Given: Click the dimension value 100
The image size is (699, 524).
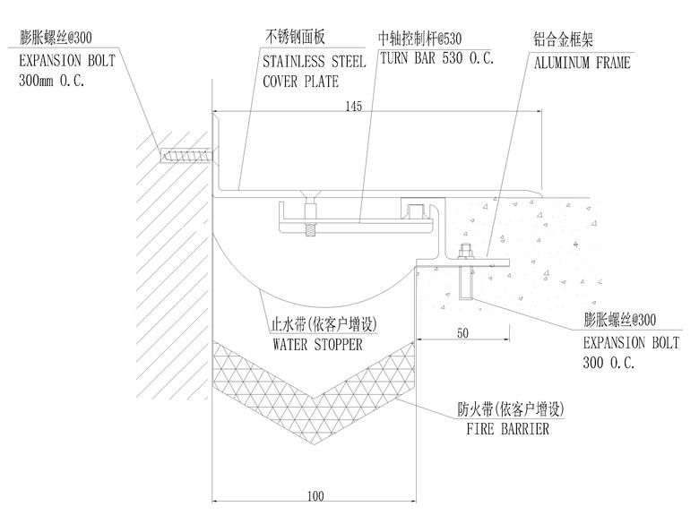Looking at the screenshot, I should (x=314, y=494).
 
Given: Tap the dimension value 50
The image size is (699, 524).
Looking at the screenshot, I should (x=462, y=333).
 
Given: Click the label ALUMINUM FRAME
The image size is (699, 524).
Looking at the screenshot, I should (x=582, y=64).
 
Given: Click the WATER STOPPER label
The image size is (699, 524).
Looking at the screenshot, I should (x=317, y=346).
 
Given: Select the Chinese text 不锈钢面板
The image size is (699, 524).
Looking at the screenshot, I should (x=295, y=38).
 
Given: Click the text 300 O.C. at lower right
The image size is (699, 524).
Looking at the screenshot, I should (x=608, y=363).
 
